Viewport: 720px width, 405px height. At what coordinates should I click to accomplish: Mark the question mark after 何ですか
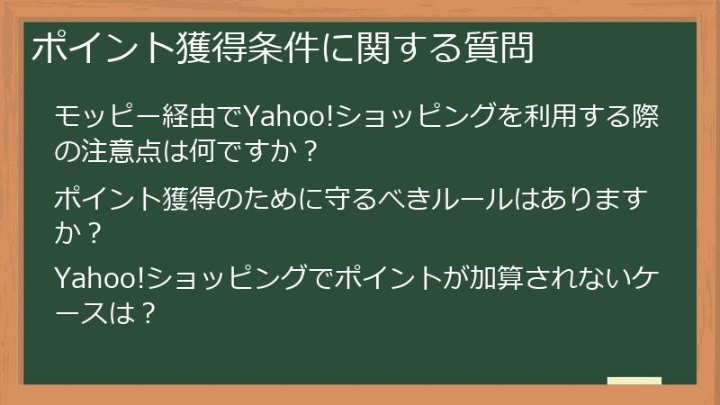(309, 150)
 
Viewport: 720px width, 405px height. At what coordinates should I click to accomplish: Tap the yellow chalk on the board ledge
(634, 381)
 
